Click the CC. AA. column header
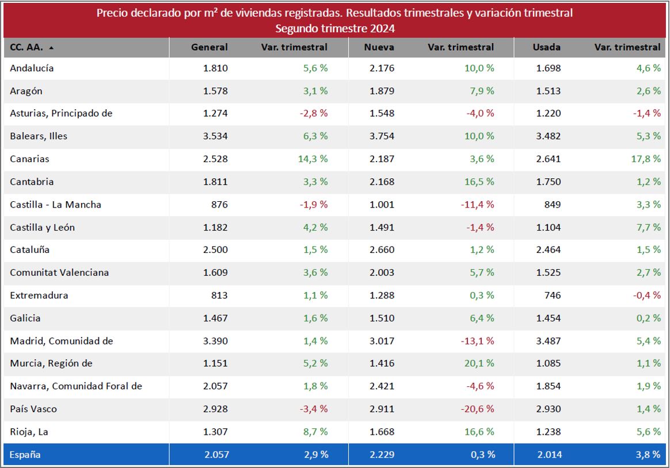[x=26, y=47]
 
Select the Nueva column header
[x=379, y=47]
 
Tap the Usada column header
[x=546, y=47]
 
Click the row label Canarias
[x=29, y=159]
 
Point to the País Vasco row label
[x=33, y=409]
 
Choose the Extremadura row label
[x=39, y=296]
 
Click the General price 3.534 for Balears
[x=215, y=136]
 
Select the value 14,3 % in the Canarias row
[x=313, y=159]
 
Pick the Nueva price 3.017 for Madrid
[x=382, y=341]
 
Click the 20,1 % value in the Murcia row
[x=480, y=363]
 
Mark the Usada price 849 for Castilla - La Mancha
[x=552, y=205]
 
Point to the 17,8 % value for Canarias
[x=646, y=159]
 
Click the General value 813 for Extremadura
[x=219, y=296]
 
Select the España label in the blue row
[x=25, y=455]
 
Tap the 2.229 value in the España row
[x=382, y=455]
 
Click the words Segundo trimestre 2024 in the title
[x=334, y=28]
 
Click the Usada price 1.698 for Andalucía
[x=548, y=68]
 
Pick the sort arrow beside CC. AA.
[x=51, y=48]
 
